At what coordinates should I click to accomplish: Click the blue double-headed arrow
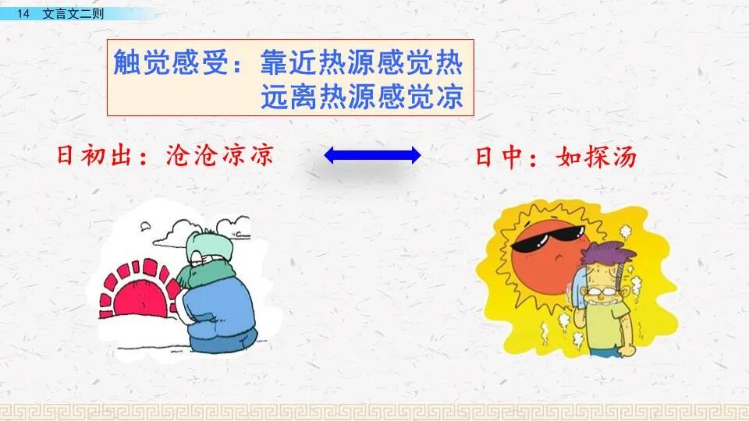372,156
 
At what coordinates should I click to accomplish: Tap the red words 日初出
94,156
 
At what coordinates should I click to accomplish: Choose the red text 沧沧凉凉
221,156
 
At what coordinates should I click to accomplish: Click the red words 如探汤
597,157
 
